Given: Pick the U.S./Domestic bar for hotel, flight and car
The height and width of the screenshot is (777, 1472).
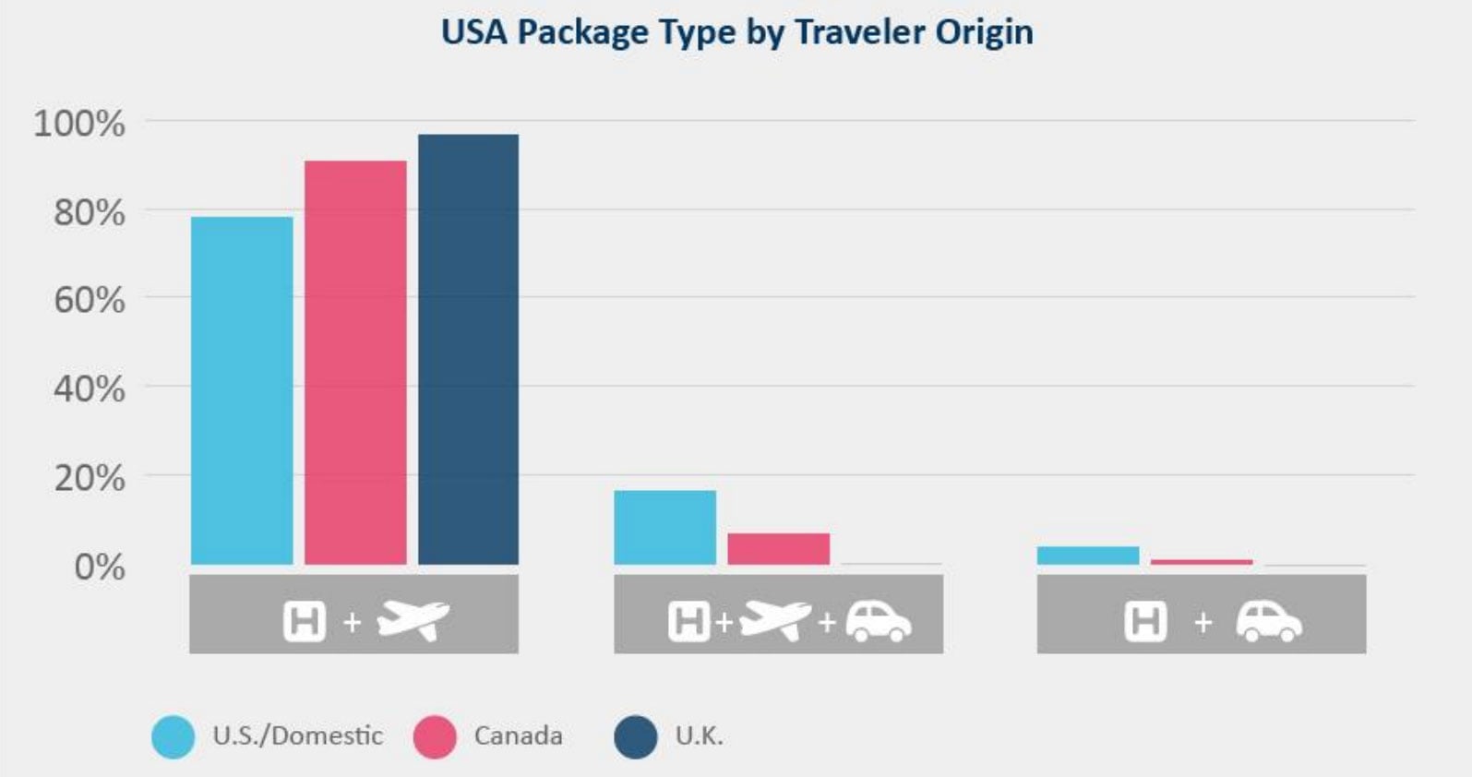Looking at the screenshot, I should coord(664,527).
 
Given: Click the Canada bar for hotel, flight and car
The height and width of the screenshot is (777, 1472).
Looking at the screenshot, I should coord(778,548).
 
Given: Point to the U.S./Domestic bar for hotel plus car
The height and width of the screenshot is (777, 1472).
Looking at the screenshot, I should coord(1087,556).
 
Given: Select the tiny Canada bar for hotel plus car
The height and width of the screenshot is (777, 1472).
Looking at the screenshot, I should coord(1201,561).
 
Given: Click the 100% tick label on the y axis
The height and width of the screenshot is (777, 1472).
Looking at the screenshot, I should coord(79,123).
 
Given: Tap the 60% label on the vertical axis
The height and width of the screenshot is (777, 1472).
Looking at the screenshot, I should coord(89,300).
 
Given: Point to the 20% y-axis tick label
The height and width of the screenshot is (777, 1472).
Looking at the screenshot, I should coord(89,478).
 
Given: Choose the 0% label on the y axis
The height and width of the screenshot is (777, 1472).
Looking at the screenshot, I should coord(99,566).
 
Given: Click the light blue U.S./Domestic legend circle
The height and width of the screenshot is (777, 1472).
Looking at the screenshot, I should coord(174,736).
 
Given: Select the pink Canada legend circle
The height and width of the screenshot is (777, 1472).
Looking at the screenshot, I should coord(435,736).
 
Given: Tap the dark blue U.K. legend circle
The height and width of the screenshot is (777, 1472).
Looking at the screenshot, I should coord(635,736).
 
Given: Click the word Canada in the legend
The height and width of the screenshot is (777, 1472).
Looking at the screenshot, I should coord(518,735).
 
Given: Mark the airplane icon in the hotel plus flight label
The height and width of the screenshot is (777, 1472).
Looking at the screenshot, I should coord(413,619).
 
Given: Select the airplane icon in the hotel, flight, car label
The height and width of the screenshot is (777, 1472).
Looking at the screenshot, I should coord(774,619).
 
